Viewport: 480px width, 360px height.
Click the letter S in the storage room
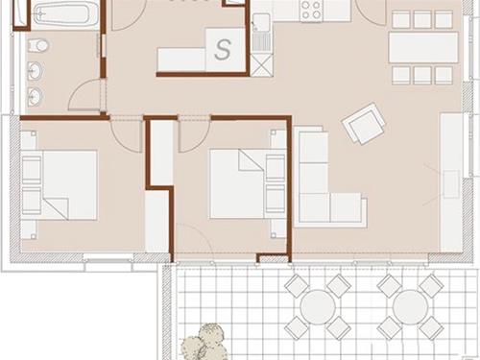coord(223,50)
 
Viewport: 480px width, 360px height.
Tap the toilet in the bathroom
coord(39,45)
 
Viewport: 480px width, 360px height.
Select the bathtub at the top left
coord(65,13)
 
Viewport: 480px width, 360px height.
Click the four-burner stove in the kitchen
coord(311,11)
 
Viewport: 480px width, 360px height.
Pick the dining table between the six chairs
coord(423,47)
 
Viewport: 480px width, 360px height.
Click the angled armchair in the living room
coord(364,123)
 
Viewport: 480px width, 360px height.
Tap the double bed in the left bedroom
coord(60,185)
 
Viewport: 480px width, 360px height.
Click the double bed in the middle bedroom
coord(248,184)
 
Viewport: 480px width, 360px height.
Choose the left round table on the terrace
coord(318,307)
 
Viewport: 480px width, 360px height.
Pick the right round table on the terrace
coord(410,307)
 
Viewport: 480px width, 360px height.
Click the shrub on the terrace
coord(204,343)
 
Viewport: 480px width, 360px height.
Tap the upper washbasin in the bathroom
coord(36,71)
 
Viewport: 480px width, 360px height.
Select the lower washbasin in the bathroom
coord(36,95)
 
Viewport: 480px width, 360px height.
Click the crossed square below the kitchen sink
coord(262,65)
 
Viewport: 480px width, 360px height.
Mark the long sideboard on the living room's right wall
coord(451,182)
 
